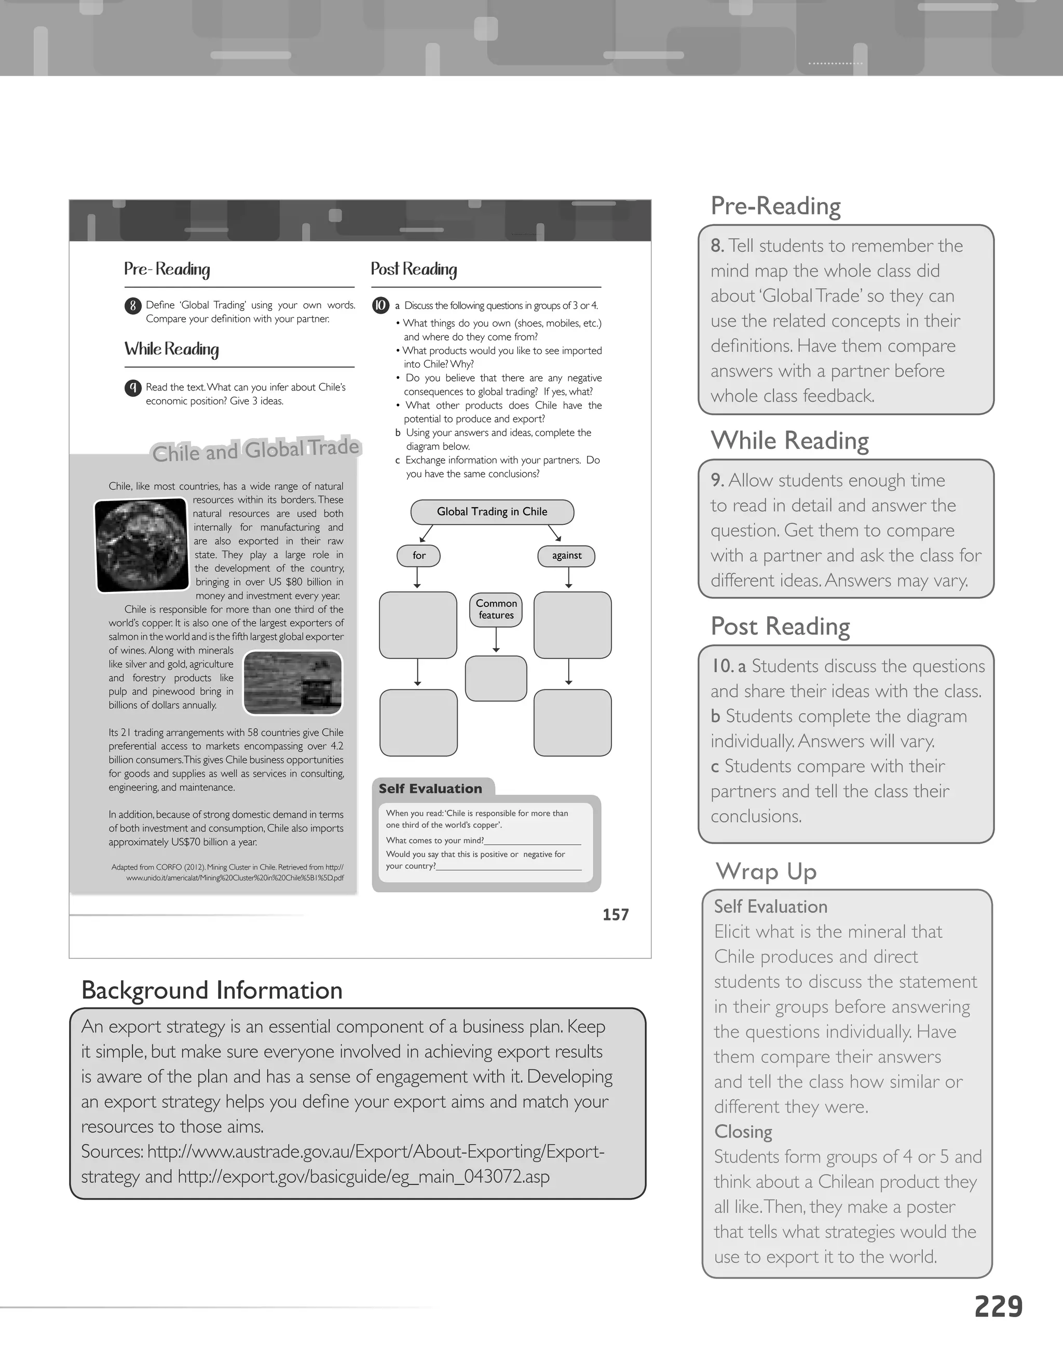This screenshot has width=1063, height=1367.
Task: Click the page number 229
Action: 998,1307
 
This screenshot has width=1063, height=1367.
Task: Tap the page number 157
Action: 615,914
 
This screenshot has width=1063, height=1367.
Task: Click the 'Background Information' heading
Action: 211,990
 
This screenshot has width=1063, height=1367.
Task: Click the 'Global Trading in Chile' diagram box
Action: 492,511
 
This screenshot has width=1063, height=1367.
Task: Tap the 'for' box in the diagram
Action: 418,555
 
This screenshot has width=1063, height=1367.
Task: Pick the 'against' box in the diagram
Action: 566,555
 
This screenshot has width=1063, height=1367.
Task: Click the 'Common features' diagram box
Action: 496,609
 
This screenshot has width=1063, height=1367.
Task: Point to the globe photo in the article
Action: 141,545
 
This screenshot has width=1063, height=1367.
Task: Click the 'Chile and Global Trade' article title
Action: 255,450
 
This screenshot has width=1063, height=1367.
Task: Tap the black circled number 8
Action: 133,306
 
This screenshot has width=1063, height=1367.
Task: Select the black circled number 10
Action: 380,305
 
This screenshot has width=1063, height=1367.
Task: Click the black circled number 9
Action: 133,388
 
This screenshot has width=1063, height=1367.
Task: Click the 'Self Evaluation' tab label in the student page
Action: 430,789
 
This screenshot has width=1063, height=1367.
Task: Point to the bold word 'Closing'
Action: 743,1132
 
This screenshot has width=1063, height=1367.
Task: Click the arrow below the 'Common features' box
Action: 496,640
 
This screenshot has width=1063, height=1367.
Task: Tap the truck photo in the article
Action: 293,682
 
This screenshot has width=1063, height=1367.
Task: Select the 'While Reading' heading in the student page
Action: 171,349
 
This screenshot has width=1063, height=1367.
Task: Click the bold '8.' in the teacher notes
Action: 717,246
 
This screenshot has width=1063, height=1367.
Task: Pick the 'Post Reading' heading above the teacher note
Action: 780,626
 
